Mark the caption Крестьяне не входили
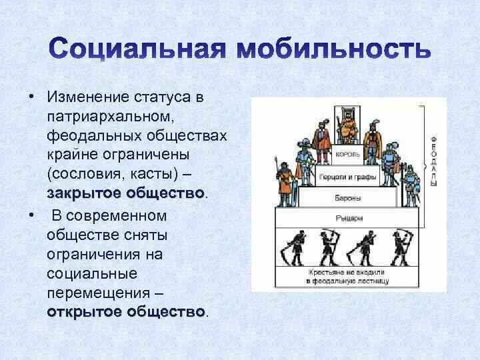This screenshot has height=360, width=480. click(346, 273)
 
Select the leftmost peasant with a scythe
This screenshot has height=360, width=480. click(295, 247)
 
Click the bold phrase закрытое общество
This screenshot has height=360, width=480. click(125, 193)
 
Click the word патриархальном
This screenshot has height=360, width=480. click(111, 117)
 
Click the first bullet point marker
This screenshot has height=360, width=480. click(31, 97)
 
